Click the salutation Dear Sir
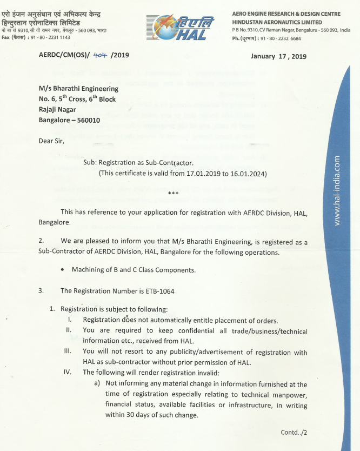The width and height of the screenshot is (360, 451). point(51,142)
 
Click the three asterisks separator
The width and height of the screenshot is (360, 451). point(174,193)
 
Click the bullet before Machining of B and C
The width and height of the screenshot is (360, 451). point(64,270)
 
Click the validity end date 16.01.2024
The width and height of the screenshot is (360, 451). point(247,174)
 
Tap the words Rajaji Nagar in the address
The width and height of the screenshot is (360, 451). point(57,110)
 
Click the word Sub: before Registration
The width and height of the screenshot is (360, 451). point(90,162)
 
